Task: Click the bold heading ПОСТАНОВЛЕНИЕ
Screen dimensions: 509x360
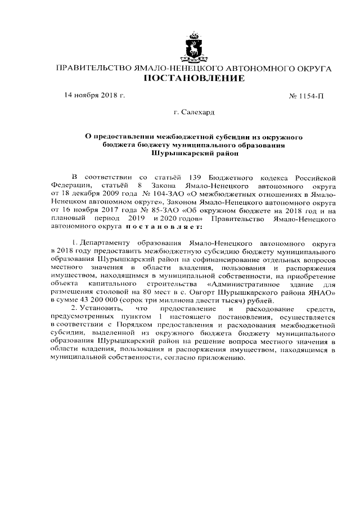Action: [x=193, y=78]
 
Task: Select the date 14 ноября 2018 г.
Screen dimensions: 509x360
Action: [x=94, y=95]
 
